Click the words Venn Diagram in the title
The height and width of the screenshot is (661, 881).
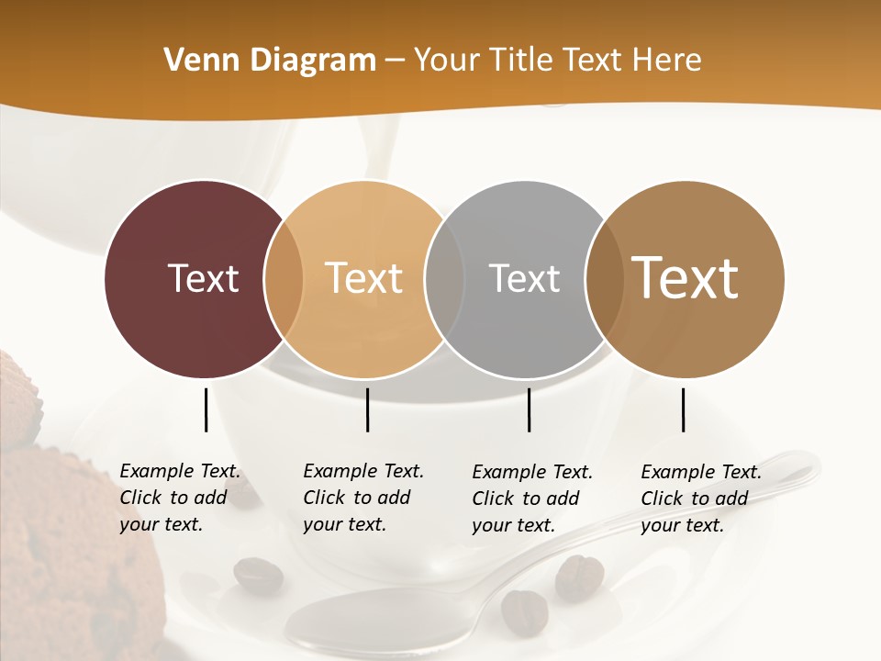tap(270, 61)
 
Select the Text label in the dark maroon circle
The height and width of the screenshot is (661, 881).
tap(203, 278)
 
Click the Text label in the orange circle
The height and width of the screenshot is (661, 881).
tap(364, 278)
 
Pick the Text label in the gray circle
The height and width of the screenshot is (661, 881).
tap(524, 278)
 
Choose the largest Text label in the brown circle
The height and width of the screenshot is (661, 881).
tap(685, 277)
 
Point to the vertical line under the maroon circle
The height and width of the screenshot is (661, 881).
tap(206, 409)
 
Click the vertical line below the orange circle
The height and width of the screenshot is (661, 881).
tap(367, 409)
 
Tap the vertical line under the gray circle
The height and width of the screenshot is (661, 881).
tap(529, 409)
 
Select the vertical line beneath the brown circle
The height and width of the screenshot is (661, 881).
tap(683, 409)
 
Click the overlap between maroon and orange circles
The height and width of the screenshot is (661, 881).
tap(284, 279)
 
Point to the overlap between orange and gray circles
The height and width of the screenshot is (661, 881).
tap(445, 279)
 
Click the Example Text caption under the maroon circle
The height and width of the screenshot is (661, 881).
tap(179, 498)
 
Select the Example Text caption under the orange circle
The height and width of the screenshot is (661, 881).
tap(362, 498)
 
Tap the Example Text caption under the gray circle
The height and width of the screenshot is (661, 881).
tap(531, 499)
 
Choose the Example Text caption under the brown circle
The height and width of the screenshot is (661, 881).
tap(700, 499)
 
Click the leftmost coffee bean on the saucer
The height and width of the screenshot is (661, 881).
tap(258, 575)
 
